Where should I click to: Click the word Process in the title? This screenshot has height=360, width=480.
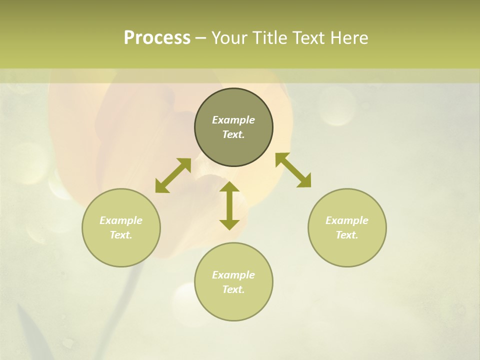tap(157, 38)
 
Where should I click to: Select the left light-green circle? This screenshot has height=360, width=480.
tap(121, 250)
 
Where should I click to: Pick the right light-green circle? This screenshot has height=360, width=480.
tap(347, 250)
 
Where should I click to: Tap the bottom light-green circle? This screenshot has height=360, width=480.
tap(233, 305)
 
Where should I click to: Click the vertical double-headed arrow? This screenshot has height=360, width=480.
tap(229, 205)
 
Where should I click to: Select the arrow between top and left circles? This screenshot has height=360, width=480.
tap(173, 175)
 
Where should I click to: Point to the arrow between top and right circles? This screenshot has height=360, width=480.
tap(293, 170)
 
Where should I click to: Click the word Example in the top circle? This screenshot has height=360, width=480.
tap(233, 120)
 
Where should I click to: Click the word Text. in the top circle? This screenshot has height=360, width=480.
tap(233, 134)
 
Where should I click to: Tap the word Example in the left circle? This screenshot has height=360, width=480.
tap(121, 220)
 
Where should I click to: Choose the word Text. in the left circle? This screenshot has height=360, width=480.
tap(121, 235)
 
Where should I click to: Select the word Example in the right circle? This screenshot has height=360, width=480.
tap(347, 220)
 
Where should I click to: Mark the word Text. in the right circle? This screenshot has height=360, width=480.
tap(347, 235)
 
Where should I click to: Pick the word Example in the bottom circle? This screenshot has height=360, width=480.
tap(233, 275)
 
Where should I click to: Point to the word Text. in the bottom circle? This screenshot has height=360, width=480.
tap(233, 289)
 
